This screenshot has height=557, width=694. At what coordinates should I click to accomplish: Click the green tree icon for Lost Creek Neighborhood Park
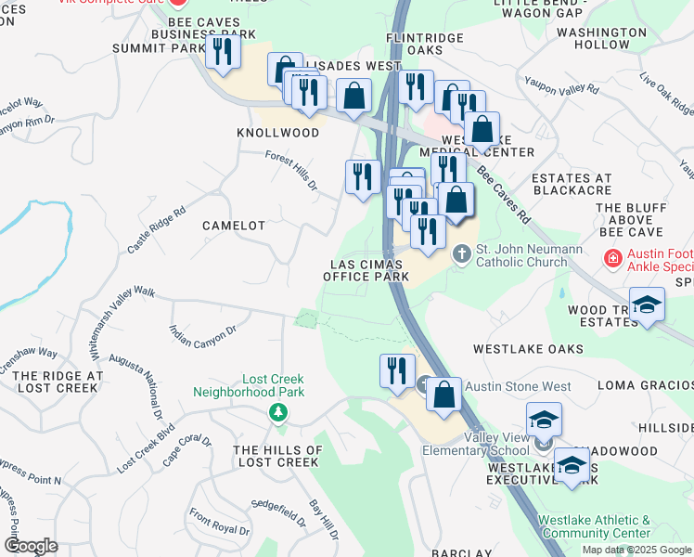tap(276, 411)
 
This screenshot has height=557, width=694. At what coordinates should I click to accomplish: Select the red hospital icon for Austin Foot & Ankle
tap(611, 256)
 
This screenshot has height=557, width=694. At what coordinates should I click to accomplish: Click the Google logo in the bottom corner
tap(31, 546)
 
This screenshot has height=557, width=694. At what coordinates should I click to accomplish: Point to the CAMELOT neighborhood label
tap(235, 226)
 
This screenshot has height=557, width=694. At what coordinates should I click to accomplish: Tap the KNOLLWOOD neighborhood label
tap(278, 133)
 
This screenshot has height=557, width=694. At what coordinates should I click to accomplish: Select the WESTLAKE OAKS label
tap(528, 349)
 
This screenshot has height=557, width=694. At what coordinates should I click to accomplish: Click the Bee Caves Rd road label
tap(504, 195)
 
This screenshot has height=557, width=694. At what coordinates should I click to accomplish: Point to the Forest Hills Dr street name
tap(291, 172)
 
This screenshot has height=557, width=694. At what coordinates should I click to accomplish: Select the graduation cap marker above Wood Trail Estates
tap(647, 304)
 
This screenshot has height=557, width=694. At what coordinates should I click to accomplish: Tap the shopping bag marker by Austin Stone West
tap(444, 394)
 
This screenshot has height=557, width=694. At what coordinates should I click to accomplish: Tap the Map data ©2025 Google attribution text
tap(636, 550)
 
